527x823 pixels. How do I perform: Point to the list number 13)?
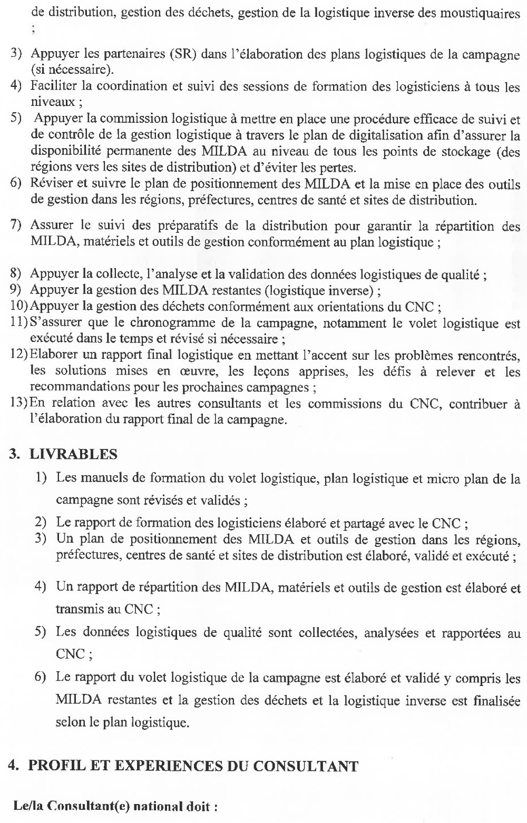tap(18, 404)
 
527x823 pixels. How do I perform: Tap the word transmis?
tap(78, 609)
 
